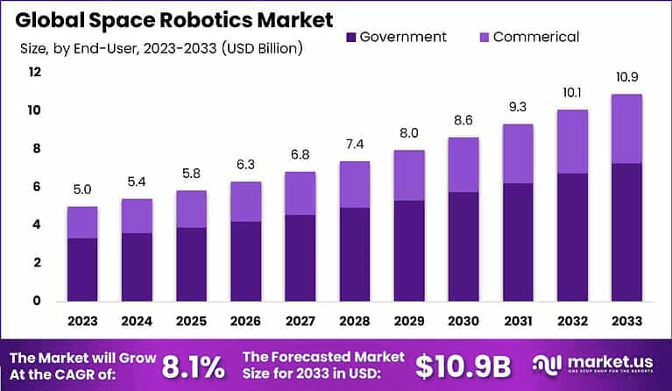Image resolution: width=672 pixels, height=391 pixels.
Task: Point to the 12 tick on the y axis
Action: tap(35, 73)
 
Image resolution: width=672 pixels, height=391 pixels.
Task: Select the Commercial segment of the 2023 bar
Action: tap(82, 223)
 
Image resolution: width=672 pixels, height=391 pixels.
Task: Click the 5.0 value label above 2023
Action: tap(82, 189)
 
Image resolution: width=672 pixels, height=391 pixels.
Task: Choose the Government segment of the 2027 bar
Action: tap(301, 258)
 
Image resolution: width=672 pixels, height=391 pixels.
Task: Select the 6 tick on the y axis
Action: tap(35, 187)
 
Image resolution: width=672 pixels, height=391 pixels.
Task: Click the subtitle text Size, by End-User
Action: tap(162, 48)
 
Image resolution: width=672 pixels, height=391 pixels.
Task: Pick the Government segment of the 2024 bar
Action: tap(137, 267)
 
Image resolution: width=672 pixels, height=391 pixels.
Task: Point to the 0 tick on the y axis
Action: tap(35, 301)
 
